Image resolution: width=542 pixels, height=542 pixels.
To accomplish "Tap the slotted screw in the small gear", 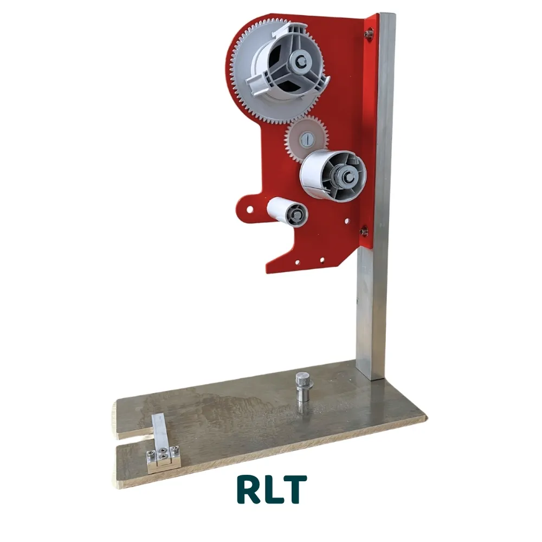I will (307, 139).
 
